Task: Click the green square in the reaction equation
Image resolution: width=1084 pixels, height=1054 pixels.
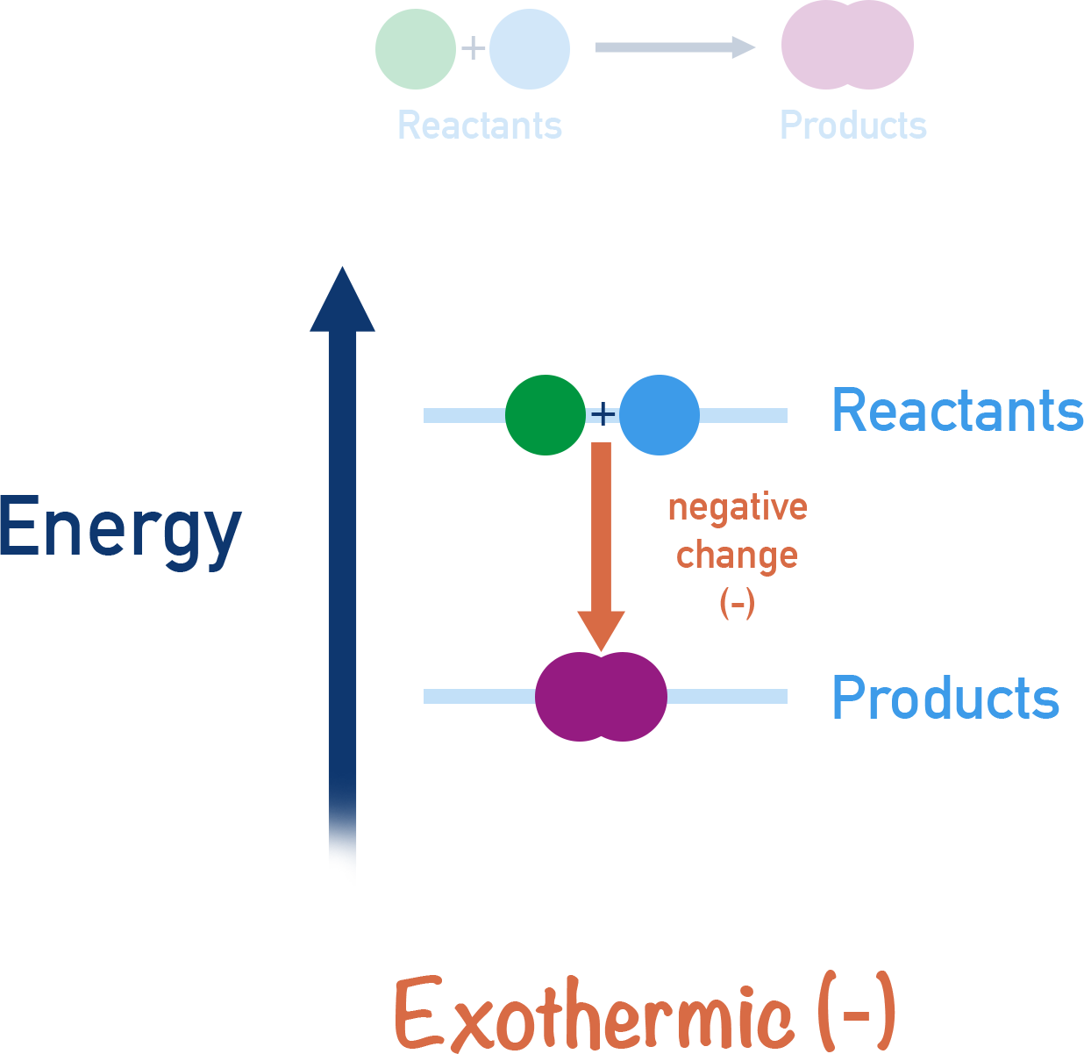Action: pyautogui.click(x=415, y=49)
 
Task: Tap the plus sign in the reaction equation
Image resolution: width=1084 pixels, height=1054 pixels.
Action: pyautogui.click(x=473, y=47)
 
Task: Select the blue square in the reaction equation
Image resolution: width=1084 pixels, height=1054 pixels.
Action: pyautogui.click(x=530, y=49)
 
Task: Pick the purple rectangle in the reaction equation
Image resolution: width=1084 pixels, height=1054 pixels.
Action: pyautogui.click(x=847, y=45)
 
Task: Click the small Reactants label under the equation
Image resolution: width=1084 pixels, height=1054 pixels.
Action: pyautogui.click(x=480, y=125)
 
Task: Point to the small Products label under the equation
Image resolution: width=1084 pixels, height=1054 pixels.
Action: pyautogui.click(x=853, y=125)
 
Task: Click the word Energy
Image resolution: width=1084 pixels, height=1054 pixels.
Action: pyautogui.click(x=119, y=529)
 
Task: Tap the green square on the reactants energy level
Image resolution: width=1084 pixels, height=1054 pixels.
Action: pyautogui.click(x=544, y=414)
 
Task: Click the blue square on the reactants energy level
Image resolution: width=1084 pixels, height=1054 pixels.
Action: pyautogui.click(x=660, y=414)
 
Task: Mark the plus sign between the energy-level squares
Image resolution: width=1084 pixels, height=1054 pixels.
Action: pyautogui.click(x=603, y=413)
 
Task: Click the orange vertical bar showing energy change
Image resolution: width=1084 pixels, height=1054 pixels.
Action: pyautogui.click(x=601, y=546)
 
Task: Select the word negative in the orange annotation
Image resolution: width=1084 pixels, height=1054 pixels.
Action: pyautogui.click(x=737, y=507)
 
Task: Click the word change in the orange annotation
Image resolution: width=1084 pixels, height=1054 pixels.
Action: pyautogui.click(x=737, y=556)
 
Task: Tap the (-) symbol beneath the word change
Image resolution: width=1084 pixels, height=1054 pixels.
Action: pyautogui.click(x=737, y=603)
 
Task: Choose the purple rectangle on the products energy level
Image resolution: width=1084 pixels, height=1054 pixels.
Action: pyautogui.click(x=601, y=696)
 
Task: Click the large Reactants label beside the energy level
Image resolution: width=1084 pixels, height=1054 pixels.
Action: pyautogui.click(x=958, y=411)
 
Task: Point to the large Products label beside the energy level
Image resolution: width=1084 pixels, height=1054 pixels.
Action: pyautogui.click(x=945, y=699)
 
